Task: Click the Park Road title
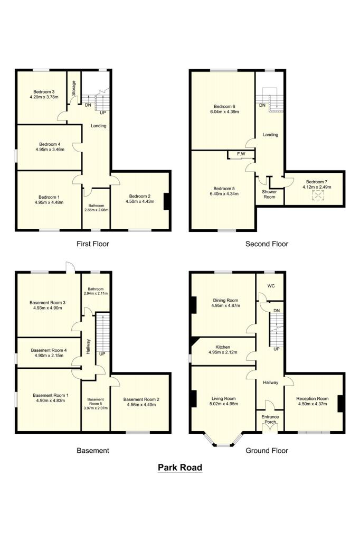point(180,468)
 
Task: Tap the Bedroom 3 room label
point(44,92)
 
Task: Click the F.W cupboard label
point(241,154)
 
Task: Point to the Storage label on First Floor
point(73,88)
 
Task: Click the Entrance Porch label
point(270,419)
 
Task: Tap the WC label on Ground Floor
point(271,286)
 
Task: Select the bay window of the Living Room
point(223,440)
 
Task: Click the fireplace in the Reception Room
point(340,403)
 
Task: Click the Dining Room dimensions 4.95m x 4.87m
point(225,305)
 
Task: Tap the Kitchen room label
point(223,347)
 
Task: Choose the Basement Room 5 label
point(96,402)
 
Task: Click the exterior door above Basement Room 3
point(70,268)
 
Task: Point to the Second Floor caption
point(267,244)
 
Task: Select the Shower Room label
point(269,194)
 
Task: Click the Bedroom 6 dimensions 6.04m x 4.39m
point(224,112)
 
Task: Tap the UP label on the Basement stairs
point(102,354)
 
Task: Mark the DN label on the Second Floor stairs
point(262,105)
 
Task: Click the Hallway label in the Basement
point(88,347)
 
